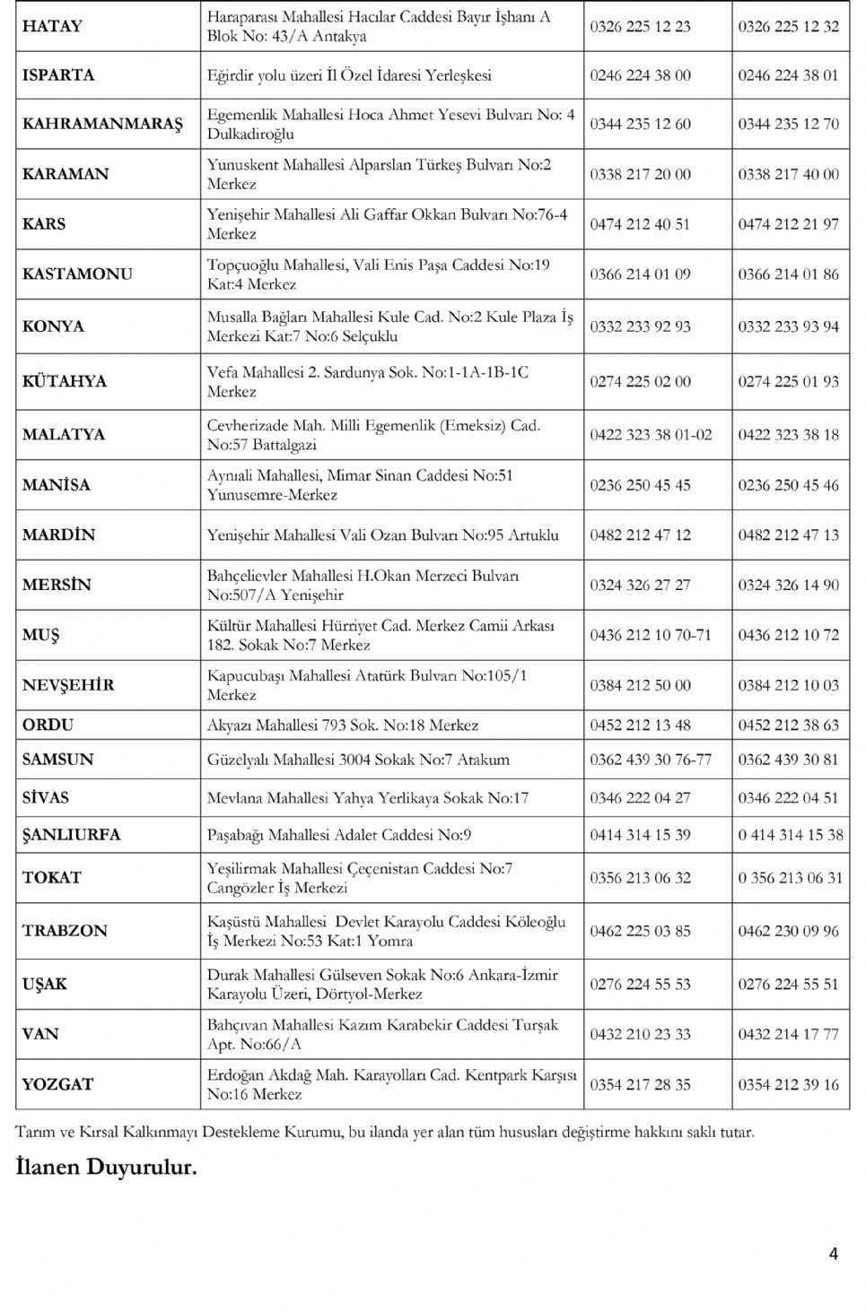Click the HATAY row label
pos(52,26)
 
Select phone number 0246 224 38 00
pos(640,75)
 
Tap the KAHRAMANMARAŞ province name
pos(102,124)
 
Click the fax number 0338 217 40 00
pos(788,174)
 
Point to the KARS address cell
pos(387,224)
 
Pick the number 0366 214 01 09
pos(640,274)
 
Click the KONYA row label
pos(54,326)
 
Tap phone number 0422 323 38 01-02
pos(651,435)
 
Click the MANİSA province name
pos(57,485)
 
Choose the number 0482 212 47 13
pos(788,535)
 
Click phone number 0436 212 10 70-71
pos(650,635)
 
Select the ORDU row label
pos(48,725)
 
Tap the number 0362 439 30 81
pos(788,760)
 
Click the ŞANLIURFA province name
pos(71,835)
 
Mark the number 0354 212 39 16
pos(788,1084)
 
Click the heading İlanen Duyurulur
pos(106,1167)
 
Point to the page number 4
pos(834,1254)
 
